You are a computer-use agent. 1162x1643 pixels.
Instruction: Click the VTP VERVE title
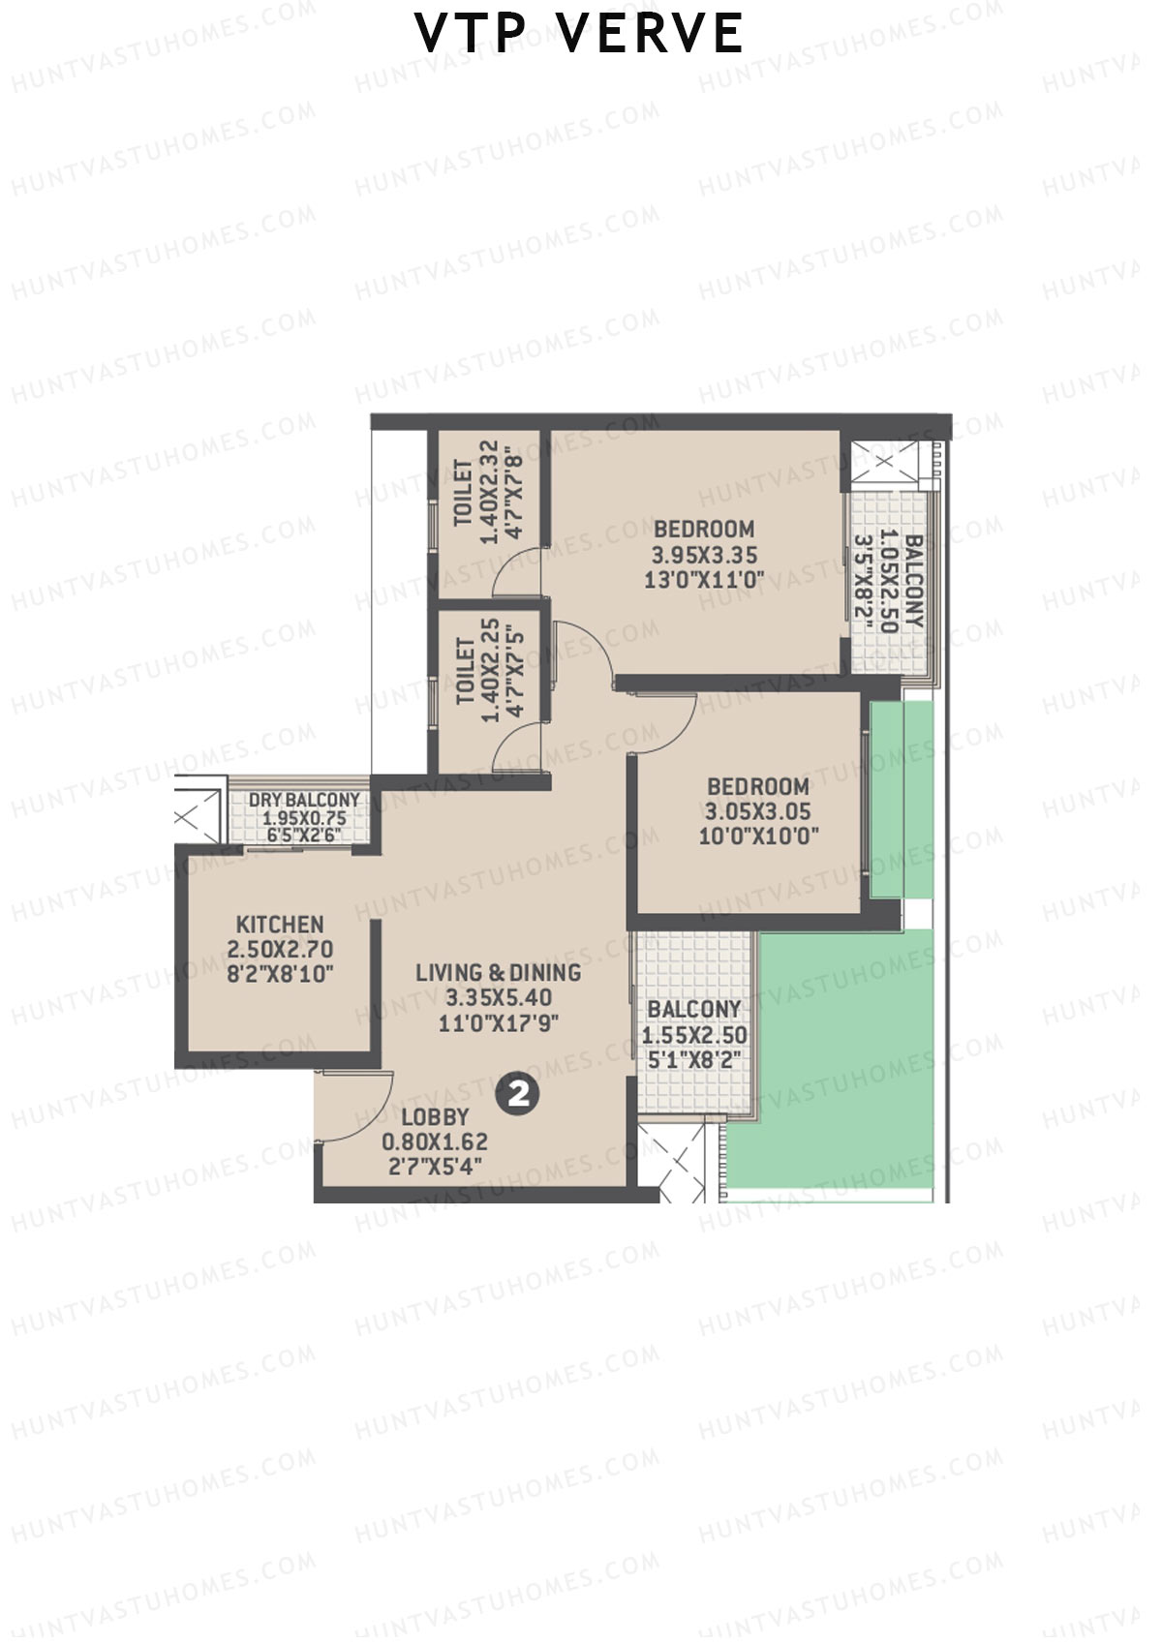point(579,34)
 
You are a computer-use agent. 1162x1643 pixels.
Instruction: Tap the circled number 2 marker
point(519,1094)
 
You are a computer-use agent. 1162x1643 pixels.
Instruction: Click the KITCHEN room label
point(280,925)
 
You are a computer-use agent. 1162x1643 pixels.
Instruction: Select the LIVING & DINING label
point(499,973)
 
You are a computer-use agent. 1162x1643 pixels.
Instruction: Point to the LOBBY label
point(435,1116)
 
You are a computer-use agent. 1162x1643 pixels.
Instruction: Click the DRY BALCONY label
point(304,801)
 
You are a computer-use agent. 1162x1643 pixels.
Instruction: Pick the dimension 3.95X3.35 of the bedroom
point(704,556)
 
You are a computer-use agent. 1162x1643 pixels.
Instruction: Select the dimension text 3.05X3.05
point(757,812)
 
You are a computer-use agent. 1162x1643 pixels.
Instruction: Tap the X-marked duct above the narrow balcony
point(884,462)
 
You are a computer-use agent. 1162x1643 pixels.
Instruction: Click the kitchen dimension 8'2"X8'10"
point(280,975)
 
